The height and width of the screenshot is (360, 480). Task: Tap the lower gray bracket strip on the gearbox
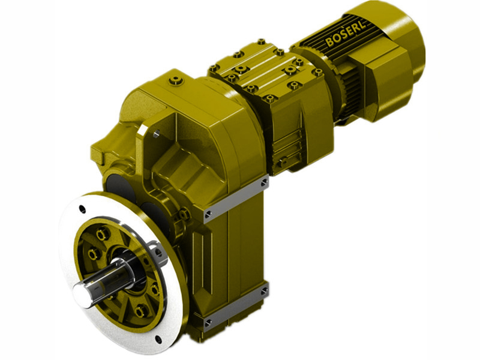pos(235,308)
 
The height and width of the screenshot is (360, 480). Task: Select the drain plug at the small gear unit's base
pos(280,162)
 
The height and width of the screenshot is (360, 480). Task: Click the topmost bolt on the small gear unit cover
pos(261,42)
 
